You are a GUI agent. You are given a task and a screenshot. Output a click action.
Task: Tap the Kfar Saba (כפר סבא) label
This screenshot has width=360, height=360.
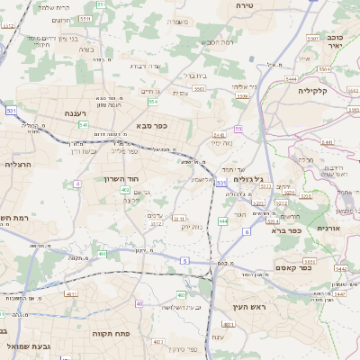tap(151, 126)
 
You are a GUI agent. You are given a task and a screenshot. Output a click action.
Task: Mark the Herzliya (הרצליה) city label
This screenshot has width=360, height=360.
tap(17, 165)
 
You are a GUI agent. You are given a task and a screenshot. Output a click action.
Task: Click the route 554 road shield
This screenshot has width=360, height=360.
tap(153, 102)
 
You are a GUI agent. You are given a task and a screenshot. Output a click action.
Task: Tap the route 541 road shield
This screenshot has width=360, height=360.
tap(83, 125)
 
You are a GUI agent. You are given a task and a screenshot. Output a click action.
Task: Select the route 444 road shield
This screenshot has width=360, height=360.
tap(222, 220)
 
